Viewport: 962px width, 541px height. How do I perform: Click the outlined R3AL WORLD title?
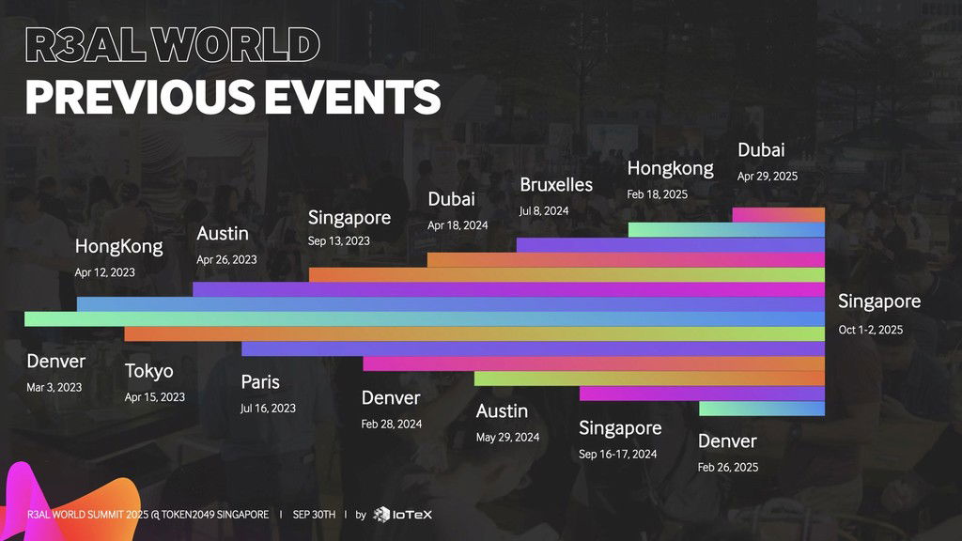click(173, 45)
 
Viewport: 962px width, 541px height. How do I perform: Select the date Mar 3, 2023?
click(54, 388)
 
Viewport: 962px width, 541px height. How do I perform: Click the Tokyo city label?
click(149, 370)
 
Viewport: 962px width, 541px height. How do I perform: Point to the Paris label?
click(260, 381)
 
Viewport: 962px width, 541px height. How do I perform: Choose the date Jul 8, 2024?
click(544, 211)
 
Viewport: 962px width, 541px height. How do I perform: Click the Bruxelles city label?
click(556, 185)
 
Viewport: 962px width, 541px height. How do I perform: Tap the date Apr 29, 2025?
click(768, 177)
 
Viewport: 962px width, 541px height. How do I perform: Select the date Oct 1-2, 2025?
click(871, 330)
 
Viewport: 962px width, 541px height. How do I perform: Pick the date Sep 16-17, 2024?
click(618, 455)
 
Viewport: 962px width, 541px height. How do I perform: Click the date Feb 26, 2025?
click(728, 468)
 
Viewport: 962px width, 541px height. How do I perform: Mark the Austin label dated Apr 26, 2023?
click(223, 234)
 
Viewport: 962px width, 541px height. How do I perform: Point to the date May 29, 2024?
click(507, 438)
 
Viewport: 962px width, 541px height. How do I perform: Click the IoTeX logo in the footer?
click(402, 514)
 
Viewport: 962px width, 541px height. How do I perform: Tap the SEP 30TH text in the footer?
click(314, 514)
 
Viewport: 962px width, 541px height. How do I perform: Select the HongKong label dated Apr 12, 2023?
click(119, 246)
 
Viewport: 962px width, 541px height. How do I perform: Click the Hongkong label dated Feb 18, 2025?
click(670, 168)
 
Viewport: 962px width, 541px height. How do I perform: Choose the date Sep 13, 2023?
click(338, 241)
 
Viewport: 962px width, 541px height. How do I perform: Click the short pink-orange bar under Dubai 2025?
click(779, 215)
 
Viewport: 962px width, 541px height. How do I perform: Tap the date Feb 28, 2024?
click(392, 424)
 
